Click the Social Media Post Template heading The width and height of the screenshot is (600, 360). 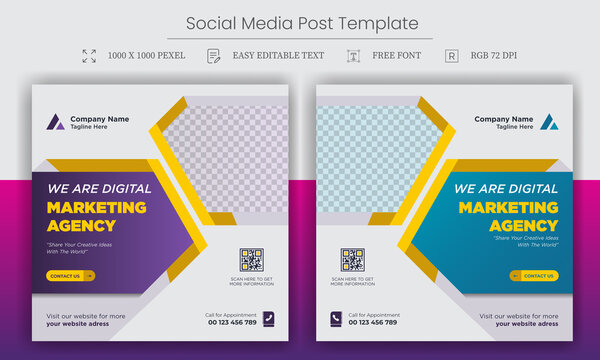(x=300, y=22)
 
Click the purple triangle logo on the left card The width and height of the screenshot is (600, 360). (x=55, y=123)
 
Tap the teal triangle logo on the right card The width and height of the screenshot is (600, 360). (x=549, y=123)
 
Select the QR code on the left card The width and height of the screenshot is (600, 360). (x=251, y=261)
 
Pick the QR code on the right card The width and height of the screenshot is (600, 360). (x=352, y=261)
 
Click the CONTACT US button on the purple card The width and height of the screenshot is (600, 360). (x=71, y=275)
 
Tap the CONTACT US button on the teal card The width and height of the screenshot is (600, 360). (x=534, y=275)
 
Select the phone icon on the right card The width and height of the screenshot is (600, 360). (x=336, y=319)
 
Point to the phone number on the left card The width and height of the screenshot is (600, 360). (x=232, y=322)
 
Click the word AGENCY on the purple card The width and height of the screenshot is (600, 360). (x=81, y=225)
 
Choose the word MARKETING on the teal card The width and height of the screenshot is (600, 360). (x=508, y=208)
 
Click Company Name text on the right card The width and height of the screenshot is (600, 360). (x=504, y=119)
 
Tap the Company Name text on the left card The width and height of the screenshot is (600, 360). (x=99, y=119)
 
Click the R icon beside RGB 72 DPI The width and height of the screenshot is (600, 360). (x=452, y=56)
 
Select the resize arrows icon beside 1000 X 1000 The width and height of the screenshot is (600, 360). (x=89, y=56)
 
